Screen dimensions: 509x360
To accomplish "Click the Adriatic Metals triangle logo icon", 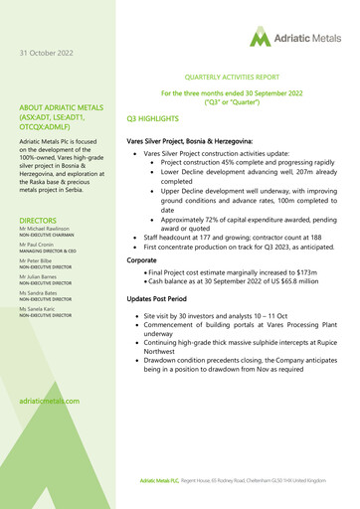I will pyautogui.click(x=261, y=38).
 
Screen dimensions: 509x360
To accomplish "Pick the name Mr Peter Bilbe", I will pyautogui.click(x=39, y=270).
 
